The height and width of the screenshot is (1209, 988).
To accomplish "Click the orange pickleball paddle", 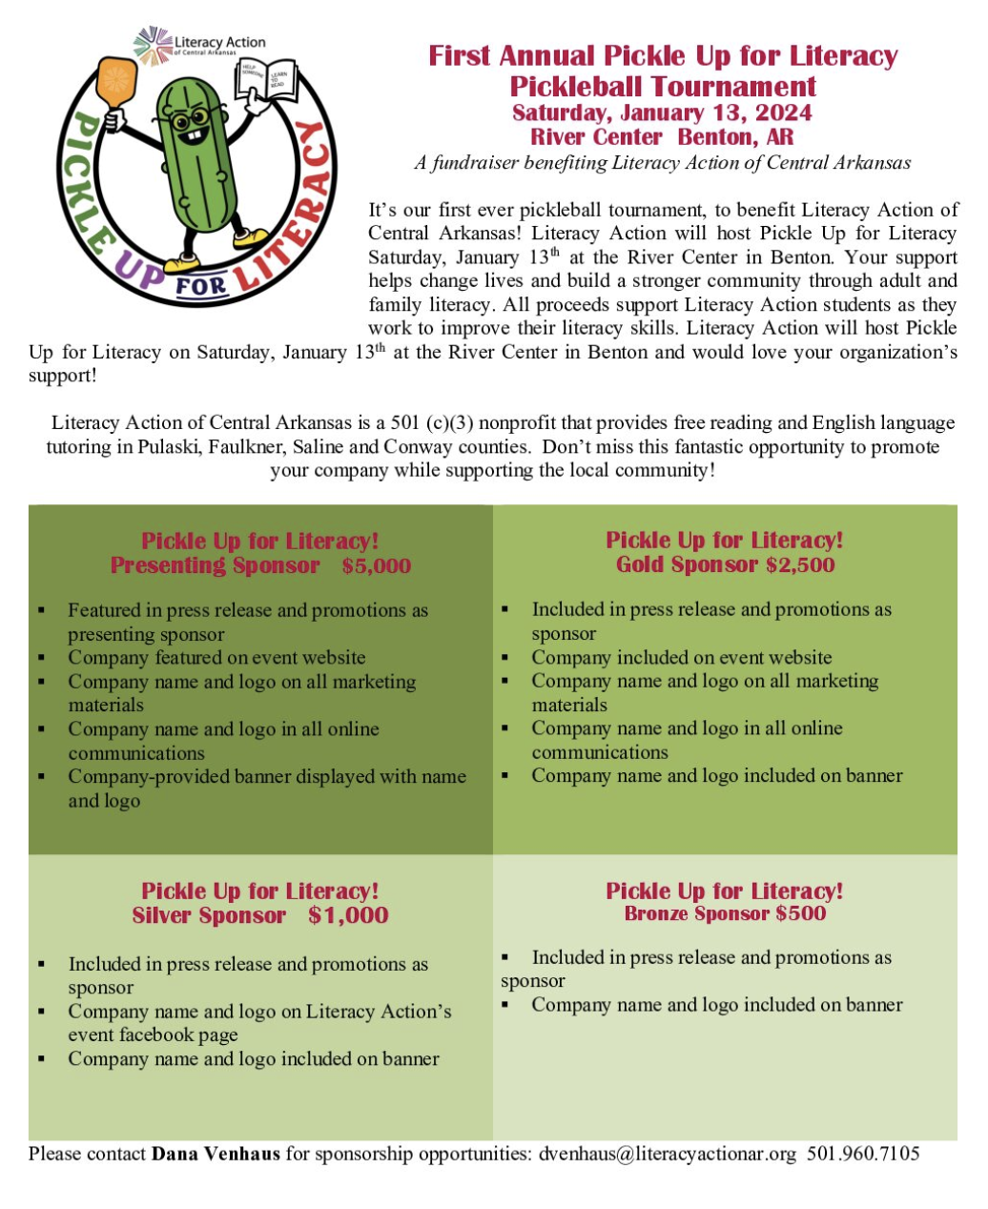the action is coord(116,82).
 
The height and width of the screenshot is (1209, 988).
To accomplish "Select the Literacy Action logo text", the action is coord(218,44).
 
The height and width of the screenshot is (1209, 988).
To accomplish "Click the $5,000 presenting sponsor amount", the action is coord(377,565).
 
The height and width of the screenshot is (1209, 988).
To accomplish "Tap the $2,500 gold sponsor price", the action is coord(800,564).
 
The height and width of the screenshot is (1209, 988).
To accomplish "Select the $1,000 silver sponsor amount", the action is coord(348,915).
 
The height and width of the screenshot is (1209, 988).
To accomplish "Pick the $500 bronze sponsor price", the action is coord(801,913).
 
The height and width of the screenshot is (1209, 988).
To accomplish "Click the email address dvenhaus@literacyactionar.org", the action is coord(667,1154).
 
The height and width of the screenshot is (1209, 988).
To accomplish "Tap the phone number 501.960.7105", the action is coord(863,1154).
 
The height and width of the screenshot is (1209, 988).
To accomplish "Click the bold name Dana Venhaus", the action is coord(216,1154).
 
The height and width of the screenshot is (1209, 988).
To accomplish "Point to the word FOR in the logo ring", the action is coord(201,284).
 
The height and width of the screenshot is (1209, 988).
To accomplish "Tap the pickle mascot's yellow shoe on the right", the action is coord(252,236).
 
